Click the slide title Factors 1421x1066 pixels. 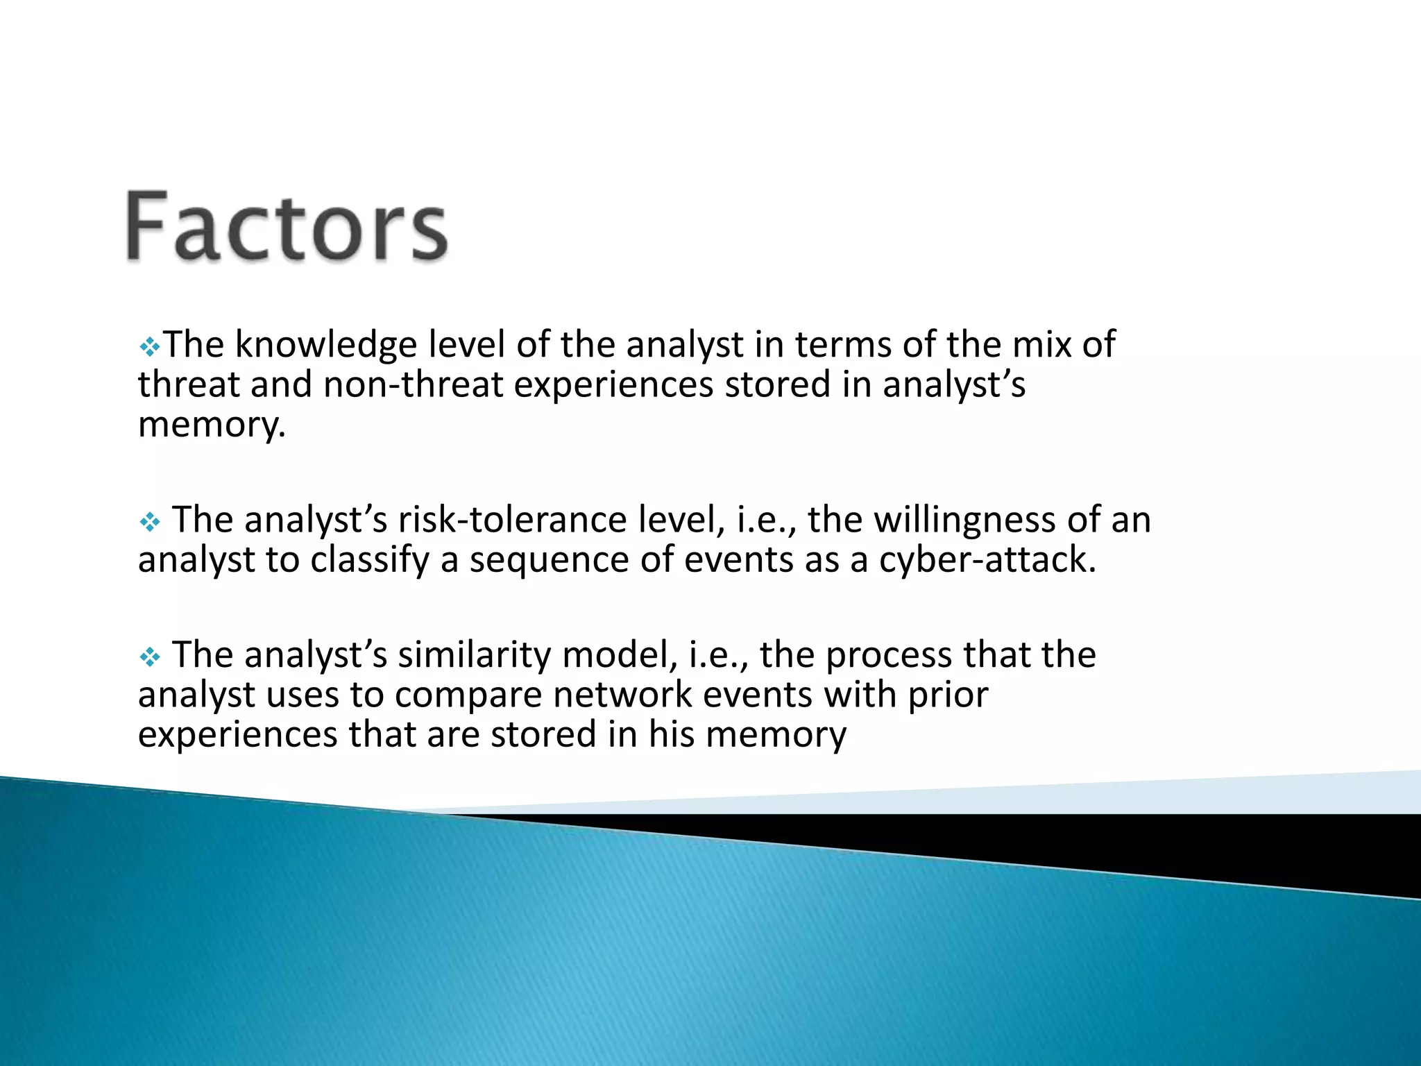tap(287, 226)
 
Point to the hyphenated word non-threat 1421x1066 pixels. tap(413, 384)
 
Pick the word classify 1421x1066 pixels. tap(370, 560)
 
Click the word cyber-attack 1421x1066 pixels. tap(987, 560)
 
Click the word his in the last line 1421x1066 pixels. tap(672, 734)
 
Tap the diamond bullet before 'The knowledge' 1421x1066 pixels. tap(149, 346)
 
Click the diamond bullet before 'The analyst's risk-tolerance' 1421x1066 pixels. tap(149, 522)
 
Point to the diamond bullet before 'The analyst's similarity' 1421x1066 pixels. tap(149, 657)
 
